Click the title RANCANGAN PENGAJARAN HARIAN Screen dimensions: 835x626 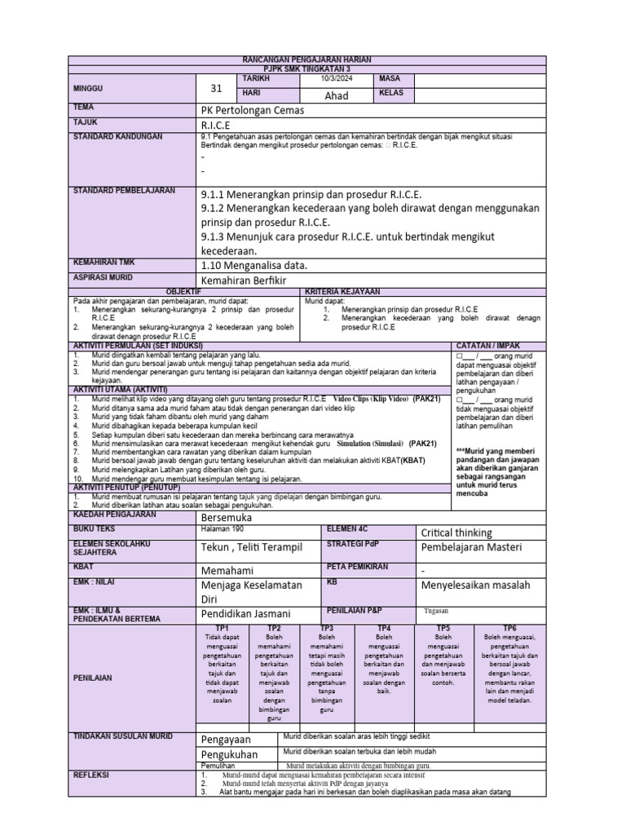(x=306, y=60)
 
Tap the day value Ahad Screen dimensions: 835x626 (x=337, y=95)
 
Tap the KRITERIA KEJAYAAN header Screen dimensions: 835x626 (x=342, y=291)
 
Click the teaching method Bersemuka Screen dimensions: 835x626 (x=226, y=518)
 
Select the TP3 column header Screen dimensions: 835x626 (x=327, y=629)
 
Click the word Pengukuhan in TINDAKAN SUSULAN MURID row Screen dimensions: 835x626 (x=229, y=754)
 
